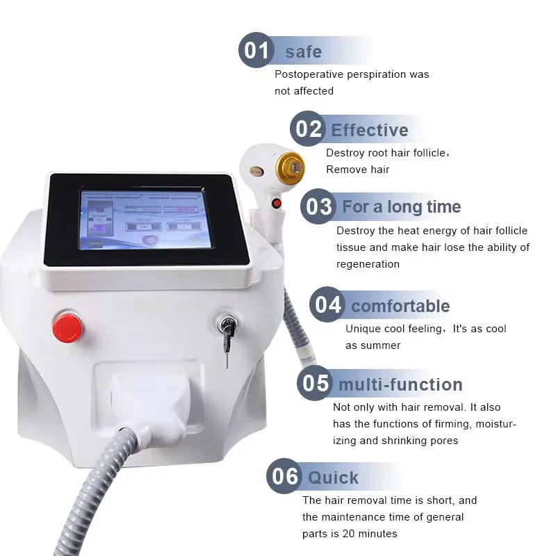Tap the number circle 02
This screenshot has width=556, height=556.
[308, 129]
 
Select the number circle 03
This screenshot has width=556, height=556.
[318, 206]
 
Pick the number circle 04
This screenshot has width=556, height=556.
[327, 305]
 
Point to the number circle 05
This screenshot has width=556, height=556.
[315, 384]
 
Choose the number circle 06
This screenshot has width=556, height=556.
[285, 477]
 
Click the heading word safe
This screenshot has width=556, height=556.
[303, 51]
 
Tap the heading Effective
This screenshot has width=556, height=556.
[369, 130]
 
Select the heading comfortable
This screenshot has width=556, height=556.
[400, 306]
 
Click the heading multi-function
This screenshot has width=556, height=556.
[400, 384]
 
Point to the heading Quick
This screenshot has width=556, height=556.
[334, 477]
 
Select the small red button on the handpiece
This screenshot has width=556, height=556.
[277, 204]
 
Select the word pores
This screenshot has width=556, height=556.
[444, 441]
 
